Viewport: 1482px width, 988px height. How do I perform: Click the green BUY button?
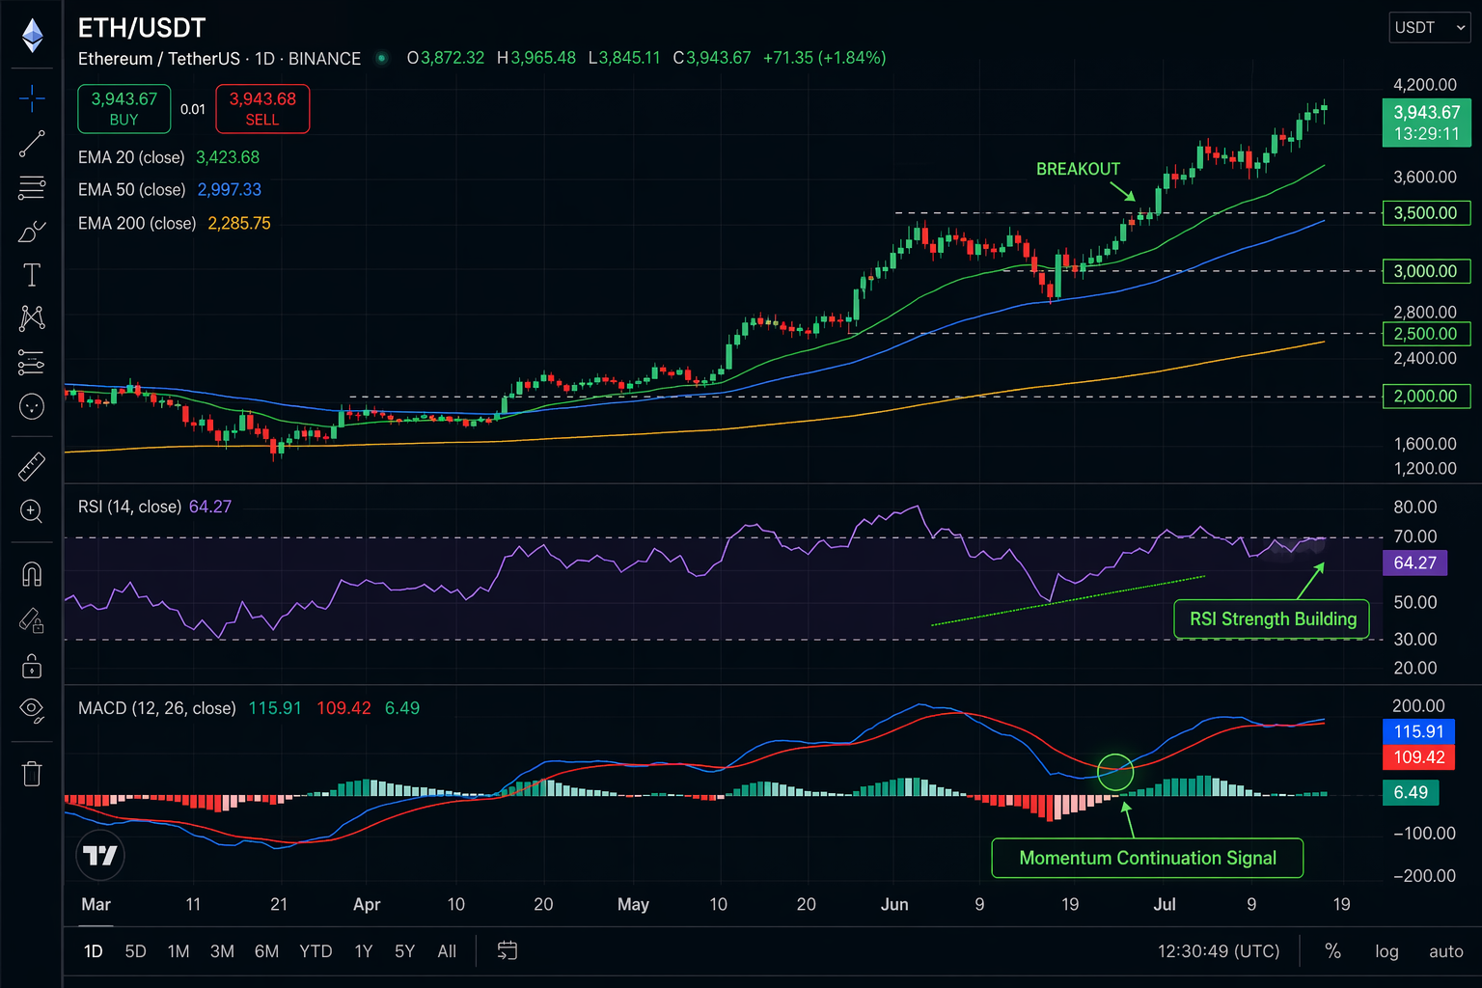tap(123, 108)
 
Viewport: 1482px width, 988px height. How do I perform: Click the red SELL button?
tap(262, 108)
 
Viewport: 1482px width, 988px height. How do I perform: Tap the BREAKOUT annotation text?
tap(1078, 170)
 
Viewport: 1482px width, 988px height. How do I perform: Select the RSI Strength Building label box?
tap(1272, 619)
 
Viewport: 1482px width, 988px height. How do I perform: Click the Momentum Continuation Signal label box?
tap(1147, 859)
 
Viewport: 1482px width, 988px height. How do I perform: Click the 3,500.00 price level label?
tap(1426, 213)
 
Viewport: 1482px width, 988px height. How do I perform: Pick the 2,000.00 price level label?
tap(1426, 397)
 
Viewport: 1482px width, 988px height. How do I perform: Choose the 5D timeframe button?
tap(136, 951)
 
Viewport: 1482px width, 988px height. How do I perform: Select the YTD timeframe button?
tap(316, 951)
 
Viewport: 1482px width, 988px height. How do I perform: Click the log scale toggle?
tap(1386, 951)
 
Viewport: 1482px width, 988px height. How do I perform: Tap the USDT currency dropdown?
tap(1429, 28)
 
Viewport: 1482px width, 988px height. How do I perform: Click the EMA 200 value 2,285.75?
tap(239, 224)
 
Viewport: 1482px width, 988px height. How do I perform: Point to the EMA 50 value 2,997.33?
tap(229, 190)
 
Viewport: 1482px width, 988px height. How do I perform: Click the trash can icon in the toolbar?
tap(32, 773)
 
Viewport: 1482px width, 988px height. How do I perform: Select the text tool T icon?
tap(32, 275)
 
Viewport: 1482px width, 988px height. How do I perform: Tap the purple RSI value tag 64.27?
tap(1414, 563)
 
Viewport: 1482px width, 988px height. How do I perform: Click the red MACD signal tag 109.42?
tap(1418, 757)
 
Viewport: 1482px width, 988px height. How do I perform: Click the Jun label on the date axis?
tap(893, 905)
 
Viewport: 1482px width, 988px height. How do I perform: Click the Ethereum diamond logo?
tap(32, 35)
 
